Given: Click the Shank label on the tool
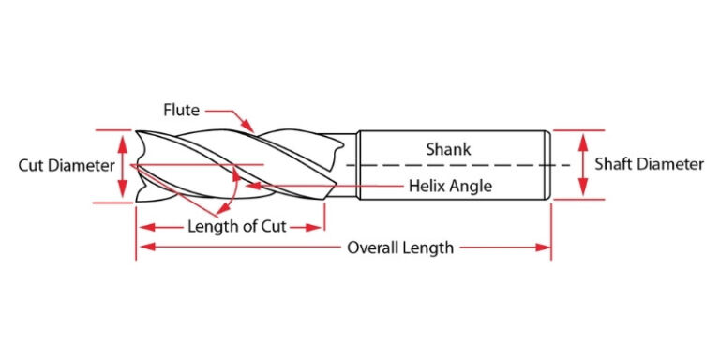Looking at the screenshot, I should [x=448, y=148].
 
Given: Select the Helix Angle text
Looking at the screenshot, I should [x=450, y=186].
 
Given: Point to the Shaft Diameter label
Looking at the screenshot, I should [x=650, y=164].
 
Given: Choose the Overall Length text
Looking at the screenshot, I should [x=400, y=247].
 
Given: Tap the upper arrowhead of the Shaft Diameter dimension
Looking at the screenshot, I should [x=583, y=138].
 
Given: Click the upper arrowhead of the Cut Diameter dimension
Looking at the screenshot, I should [x=122, y=139].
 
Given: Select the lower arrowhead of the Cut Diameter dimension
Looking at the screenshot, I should [x=122, y=193].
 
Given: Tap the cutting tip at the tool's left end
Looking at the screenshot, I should [x=139, y=165].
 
